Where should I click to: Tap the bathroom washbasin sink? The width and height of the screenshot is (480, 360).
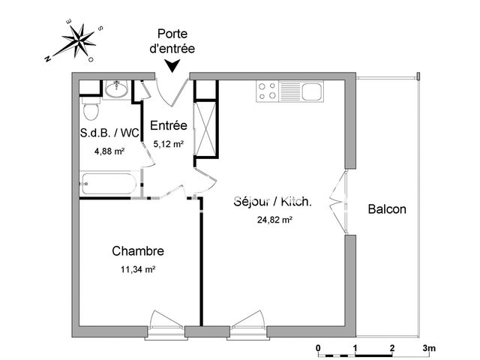point(115,91)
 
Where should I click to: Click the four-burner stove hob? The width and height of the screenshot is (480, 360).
point(267,91)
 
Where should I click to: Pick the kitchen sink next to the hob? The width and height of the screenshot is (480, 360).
point(310,91)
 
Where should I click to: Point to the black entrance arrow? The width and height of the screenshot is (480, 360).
point(174,66)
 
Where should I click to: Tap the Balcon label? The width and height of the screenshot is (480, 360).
point(387,209)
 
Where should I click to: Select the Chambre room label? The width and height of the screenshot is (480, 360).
point(138,251)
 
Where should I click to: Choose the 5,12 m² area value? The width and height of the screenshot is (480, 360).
point(169,143)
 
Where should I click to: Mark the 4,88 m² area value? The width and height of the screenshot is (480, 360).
point(109,151)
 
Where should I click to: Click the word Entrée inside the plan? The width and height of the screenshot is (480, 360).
point(168,125)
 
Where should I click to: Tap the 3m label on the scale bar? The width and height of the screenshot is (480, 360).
point(430,349)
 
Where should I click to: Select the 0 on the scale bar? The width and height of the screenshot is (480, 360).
point(318,349)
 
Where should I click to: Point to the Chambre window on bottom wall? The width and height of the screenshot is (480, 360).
point(167,323)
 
